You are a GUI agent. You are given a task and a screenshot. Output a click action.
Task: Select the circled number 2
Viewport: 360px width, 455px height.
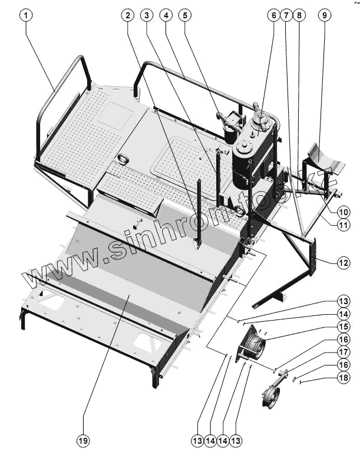(x=128, y=16)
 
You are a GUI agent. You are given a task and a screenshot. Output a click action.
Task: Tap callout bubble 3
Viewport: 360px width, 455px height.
(x=147, y=16)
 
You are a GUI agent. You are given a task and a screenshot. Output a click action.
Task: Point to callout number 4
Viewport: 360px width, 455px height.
(x=166, y=16)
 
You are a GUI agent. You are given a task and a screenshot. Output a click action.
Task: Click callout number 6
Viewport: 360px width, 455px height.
(x=273, y=16)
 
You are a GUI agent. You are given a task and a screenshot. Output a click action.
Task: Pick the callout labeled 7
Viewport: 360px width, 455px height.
(x=286, y=16)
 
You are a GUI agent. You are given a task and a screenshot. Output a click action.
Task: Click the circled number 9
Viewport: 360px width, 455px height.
(x=324, y=16)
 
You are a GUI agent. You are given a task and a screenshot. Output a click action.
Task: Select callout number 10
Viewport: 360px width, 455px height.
(x=344, y=211)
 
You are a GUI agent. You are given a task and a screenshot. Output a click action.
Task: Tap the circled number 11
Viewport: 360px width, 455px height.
(x=344, y=224)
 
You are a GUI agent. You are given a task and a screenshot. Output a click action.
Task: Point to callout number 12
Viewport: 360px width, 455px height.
(x=344, y=263)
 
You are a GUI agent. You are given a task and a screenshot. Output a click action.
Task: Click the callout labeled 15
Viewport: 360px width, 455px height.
(x=344, y=327)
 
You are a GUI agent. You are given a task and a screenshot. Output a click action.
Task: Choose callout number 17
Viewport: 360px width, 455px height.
(x=344, y=352)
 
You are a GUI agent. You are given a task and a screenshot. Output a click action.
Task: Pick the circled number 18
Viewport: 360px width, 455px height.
(x=344, y=377)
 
